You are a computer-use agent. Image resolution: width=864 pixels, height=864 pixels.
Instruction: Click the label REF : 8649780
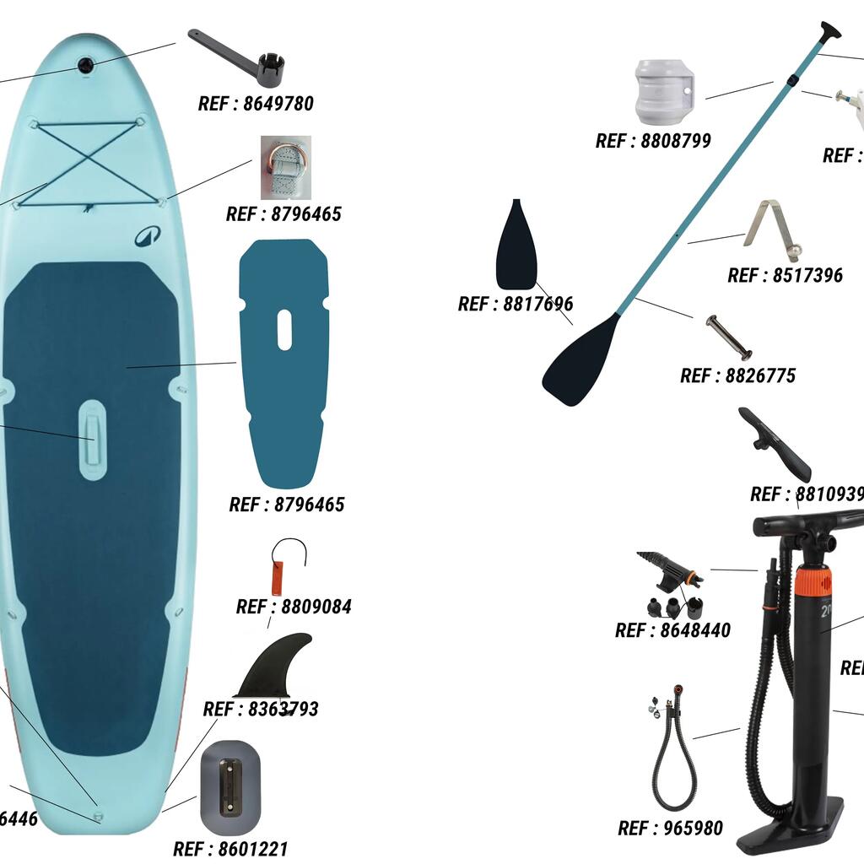point(256,104)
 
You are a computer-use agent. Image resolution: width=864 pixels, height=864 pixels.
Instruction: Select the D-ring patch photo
point(285,167)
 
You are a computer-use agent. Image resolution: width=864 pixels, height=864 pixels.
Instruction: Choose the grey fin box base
point(230,797)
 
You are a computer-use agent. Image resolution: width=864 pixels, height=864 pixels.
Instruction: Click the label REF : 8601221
point(230,849)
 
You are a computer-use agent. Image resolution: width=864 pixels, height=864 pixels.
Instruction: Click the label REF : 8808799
point(653,141)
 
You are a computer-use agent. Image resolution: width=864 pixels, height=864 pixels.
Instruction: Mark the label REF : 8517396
point(785,276)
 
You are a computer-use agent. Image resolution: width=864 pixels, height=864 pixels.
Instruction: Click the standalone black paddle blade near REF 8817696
point(516,245)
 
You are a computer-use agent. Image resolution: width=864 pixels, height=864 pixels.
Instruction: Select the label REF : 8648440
point(672,630)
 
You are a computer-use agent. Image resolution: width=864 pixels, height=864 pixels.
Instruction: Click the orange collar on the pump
point(813,581)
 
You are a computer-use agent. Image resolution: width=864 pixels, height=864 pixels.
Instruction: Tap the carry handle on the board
point(93,440)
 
